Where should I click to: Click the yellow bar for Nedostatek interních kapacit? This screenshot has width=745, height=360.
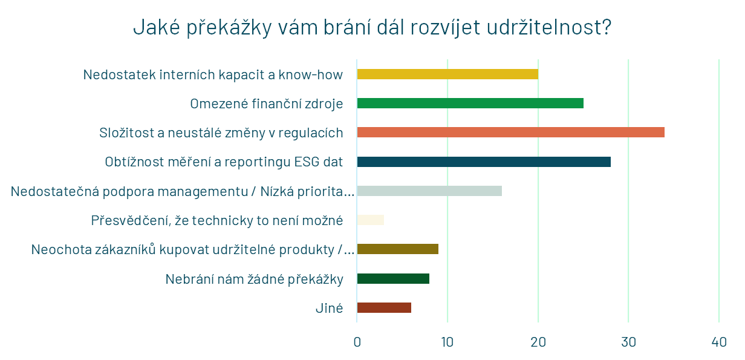pos(447,74)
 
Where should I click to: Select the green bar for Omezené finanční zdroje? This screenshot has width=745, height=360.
pos(470,103)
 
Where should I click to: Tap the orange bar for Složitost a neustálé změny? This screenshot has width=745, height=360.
pos(510,132)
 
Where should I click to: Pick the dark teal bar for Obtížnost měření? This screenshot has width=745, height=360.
pos(484,162)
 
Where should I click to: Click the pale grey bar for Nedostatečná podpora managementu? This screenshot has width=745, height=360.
pos(429,191)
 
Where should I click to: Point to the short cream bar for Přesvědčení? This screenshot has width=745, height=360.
pos(370,220)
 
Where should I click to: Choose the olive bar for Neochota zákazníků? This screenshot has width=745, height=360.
pos(397,249)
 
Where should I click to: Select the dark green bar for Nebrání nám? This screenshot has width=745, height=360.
pos(393,278)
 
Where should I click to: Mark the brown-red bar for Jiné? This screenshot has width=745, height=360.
pos(384,307)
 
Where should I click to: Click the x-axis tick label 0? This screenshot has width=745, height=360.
pos(357,342)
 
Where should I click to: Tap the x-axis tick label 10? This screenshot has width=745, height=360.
pos(447,342)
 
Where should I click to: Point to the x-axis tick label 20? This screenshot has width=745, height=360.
pos(538,342)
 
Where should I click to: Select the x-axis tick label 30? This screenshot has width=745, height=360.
pos(629,342)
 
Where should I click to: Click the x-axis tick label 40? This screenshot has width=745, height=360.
pos(719,342)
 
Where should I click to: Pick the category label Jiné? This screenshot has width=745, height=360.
pos(329,308)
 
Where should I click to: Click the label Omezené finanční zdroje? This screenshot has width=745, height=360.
pos(266,103)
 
